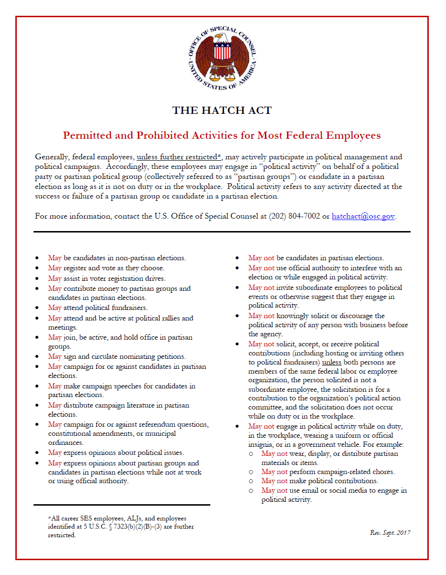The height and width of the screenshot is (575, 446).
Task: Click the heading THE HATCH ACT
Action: click(x=222, y=111)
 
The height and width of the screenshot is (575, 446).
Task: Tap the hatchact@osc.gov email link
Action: click(x=363, y=216)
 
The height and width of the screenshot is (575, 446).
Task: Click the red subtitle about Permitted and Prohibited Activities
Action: click(x=222, y=135)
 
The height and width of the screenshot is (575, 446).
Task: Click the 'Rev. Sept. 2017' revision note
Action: click(x=390, y=533)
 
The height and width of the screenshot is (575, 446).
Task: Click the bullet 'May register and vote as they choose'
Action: click(x=106, y=268)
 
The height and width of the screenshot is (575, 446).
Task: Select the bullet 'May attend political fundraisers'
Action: click(x=98, y=308)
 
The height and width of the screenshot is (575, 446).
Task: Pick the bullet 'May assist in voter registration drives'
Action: click(x=106, y=278)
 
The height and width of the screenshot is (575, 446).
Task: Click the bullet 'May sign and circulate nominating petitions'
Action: click(x=117, y=356)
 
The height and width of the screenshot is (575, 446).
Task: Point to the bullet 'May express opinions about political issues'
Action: click(x=116, y=453)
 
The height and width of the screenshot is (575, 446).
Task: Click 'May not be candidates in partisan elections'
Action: click(x=316, y=258)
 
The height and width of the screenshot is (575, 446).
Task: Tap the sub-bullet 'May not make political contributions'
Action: click(x=320, y=481)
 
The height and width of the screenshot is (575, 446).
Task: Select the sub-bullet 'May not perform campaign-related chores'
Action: click(x=328, y=472)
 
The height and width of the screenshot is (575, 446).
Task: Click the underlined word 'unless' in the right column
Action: click(x=332, y=363)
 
